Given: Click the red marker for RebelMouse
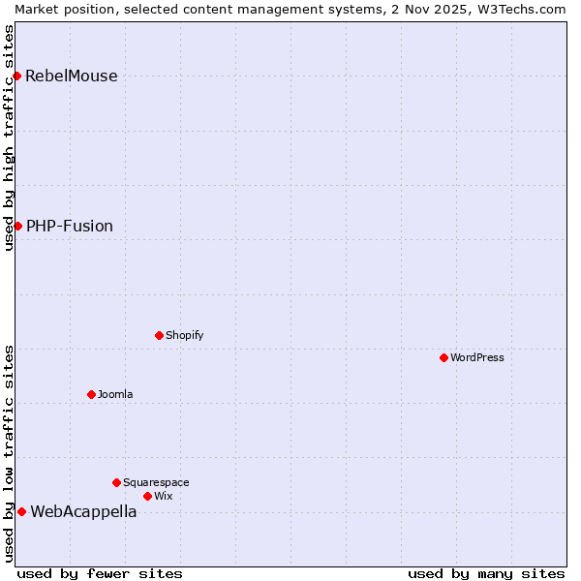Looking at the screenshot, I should [x=17, y=76].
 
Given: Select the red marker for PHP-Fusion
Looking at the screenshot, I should [x=17, y=226].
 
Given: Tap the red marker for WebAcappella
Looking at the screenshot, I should [x=21, y=511].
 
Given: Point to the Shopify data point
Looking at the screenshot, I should [x=159, y=335].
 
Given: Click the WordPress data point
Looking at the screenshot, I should [x=443, y=357].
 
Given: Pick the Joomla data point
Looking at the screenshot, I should [x=91, y=394].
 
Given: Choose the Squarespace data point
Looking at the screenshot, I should [x=116, y=482].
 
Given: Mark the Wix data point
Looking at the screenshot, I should [x=147, y=496].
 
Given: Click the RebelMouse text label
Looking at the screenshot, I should [x=72, y=76].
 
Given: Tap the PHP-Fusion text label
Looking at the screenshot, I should [x=70, y=227].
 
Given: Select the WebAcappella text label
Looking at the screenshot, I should [x=83, y=512].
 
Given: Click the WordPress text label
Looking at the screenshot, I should [x=477, y=357].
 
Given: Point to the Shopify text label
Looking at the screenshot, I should [x=185, y=335].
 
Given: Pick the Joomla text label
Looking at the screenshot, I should [x=115, y=394].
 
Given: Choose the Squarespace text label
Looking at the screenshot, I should [x=156, y=482].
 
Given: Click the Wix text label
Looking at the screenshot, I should [x=164, y=496].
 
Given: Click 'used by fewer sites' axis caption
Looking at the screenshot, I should [x=100, y=573].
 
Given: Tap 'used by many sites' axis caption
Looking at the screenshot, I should [x=486, y=573].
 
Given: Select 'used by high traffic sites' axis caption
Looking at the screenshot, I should [x=9, y=138].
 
